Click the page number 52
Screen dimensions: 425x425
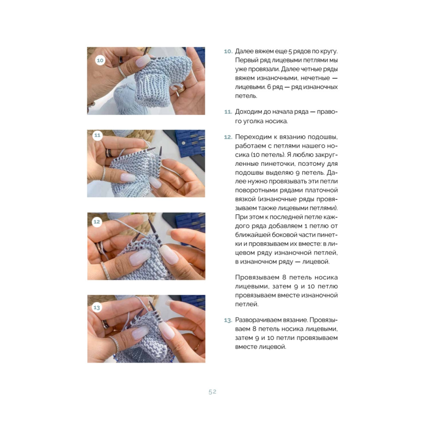click(212, 392)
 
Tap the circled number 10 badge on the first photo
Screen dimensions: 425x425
click(100, 60)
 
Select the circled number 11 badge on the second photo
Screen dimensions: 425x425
click(97, 135)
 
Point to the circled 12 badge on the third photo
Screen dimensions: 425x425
click(97, 222)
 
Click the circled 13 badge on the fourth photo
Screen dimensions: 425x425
click(97, 308)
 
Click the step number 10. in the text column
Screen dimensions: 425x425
click(228, 51)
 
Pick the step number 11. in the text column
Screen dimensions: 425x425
click(228, 112)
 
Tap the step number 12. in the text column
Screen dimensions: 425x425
click(228, 137)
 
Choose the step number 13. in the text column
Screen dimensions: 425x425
click(228, 320)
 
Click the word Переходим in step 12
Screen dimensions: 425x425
click(251, 137)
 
